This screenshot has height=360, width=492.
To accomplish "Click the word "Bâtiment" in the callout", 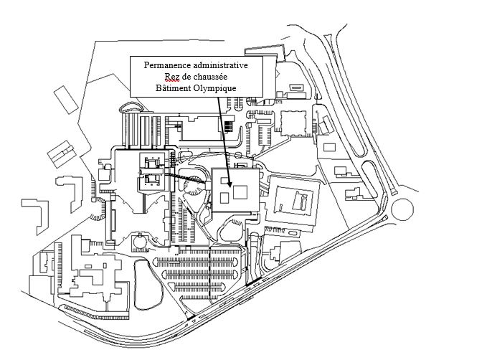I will point(173,87).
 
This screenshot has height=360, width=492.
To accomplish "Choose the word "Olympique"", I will point(214,87).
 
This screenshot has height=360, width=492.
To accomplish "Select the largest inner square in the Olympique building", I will point(240,190).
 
